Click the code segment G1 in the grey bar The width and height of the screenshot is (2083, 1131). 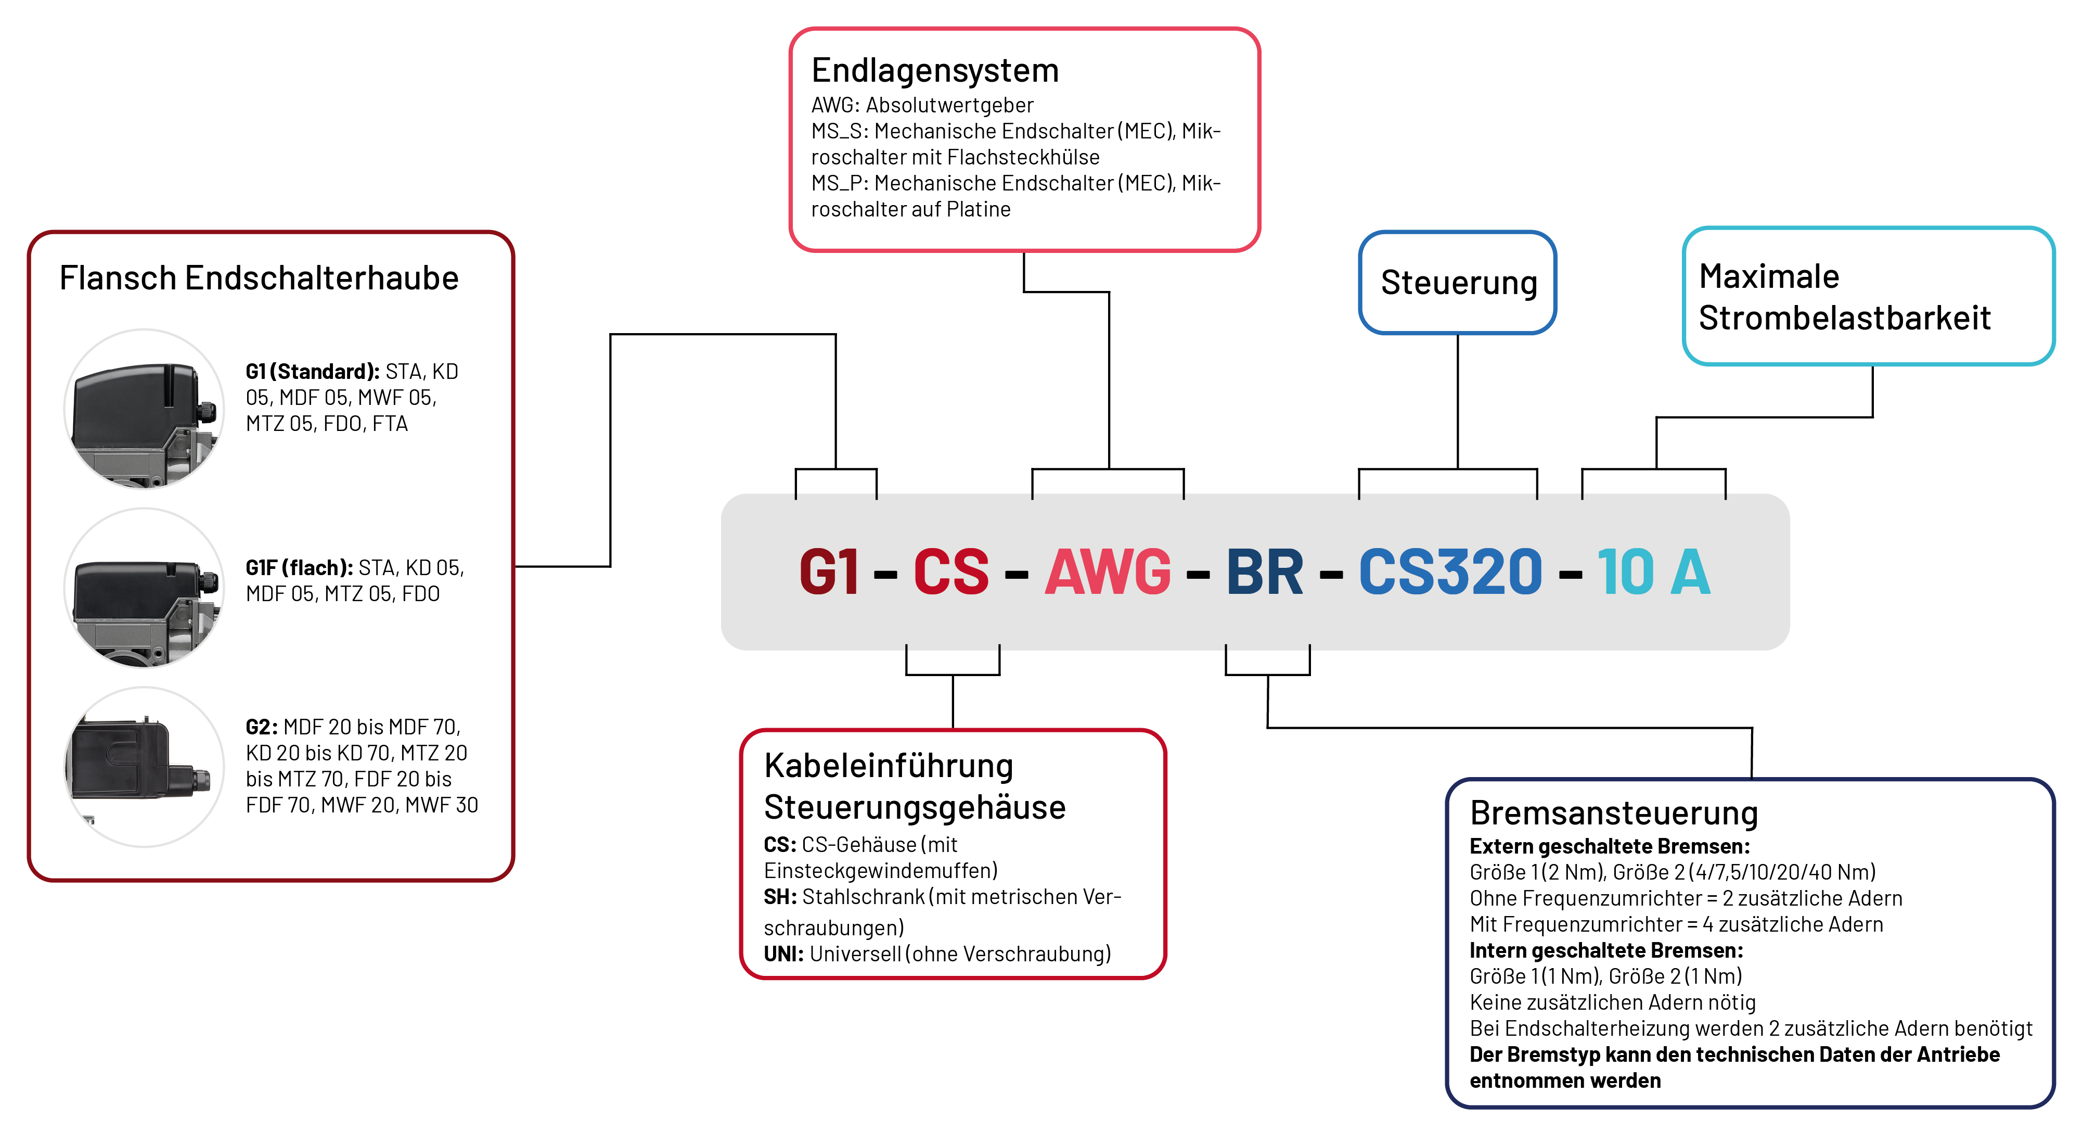coord(828,572)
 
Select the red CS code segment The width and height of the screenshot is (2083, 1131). coord(951,572)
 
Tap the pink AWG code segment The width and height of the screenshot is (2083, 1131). coord(1108,572)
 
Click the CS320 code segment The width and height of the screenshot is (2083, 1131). coord(1450,572)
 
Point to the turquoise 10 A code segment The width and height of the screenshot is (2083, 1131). coord(1654,572)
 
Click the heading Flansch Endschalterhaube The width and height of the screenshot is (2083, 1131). coord(259,278)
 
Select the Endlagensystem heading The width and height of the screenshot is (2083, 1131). coord(935,70)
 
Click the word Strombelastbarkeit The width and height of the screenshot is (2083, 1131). coord(1844,318)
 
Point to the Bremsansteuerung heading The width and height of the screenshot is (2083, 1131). coord(1614,813)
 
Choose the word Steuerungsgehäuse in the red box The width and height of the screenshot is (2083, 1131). coord(915,807)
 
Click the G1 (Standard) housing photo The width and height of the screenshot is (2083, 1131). coord(145,410)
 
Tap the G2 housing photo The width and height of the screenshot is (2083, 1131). coord(145,767)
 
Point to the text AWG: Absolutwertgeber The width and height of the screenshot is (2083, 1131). coord(922,105)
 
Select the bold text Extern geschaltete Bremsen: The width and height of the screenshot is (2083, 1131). coord(1609,847)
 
